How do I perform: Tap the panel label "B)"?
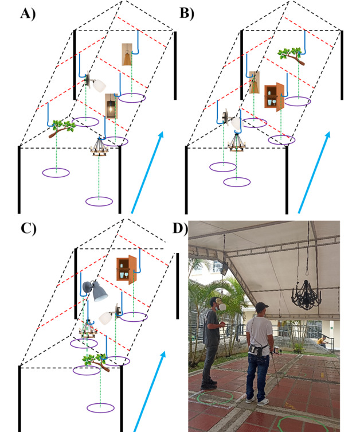(187, 13)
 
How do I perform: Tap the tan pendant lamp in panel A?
(127, 55)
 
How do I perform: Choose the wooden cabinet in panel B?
(273, 96)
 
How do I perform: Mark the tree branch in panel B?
(291, 55)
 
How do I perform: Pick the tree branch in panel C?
(92, 360)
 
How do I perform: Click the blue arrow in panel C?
(150, 391)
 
